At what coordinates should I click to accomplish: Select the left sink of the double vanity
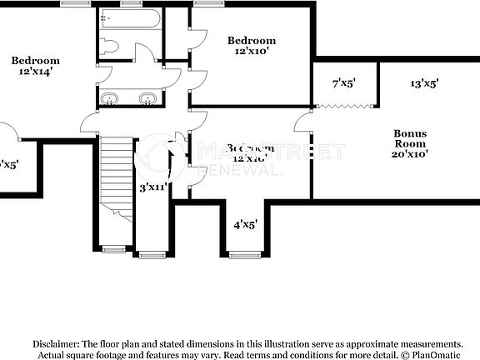(x=108, y=100)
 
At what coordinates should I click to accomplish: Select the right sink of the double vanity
(x=147, y=100)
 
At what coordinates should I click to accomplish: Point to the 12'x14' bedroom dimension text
(x=35, y=72)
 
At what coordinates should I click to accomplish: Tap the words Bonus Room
(x=410, y=138)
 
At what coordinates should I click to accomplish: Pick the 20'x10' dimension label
(x=410, y=153)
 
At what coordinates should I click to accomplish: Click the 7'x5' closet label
(x=342, y=83)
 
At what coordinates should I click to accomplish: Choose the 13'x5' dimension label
(x=424, y=83)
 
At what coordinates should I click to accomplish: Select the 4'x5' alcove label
(x=245, y=224)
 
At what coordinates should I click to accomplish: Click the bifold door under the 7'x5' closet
(x=345, y=106)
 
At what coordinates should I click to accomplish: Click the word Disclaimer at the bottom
(x=56, y=343)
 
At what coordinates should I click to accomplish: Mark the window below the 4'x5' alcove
(x=245, y=252)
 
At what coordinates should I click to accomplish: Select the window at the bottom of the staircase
(x=115, y=247)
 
